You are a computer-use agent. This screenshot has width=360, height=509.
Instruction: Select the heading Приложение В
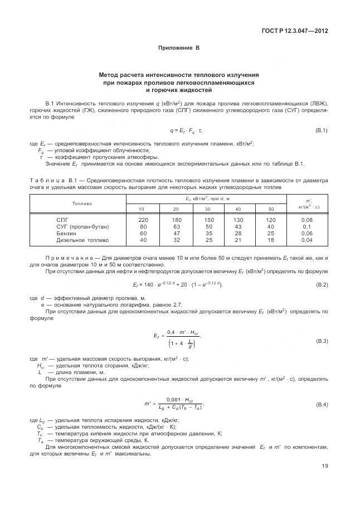179,49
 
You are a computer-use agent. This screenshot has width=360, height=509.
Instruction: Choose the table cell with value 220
143,220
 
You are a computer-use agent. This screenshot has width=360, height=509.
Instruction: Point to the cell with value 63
177,226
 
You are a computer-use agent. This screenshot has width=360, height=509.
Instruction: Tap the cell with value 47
177,233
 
